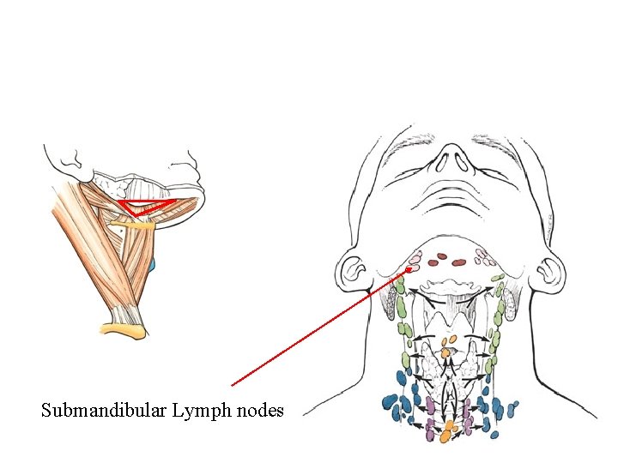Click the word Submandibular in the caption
103,411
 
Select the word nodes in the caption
258,411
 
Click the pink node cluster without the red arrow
485,256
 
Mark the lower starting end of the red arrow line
233,385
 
